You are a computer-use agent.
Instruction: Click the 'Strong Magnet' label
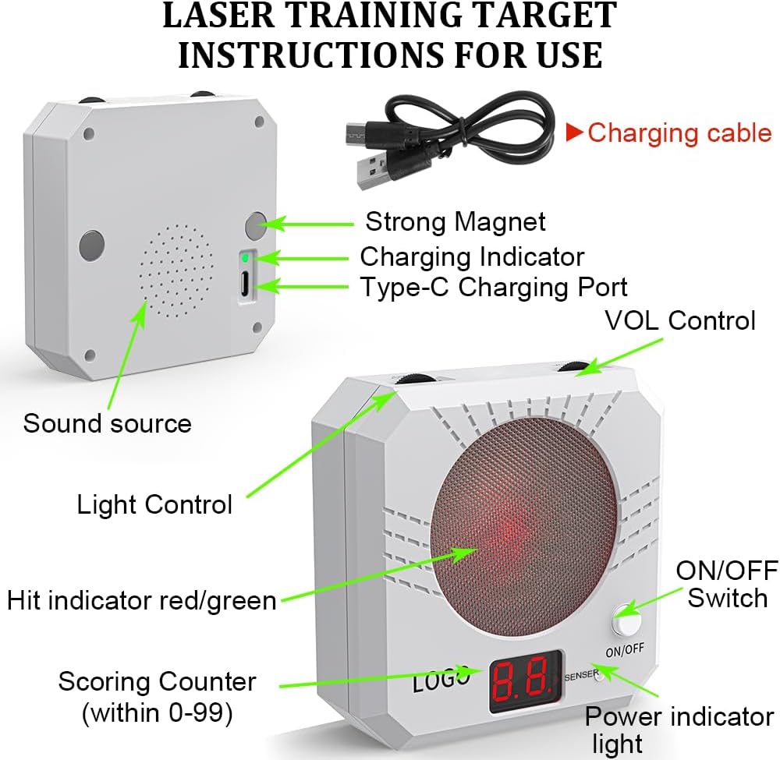(456, 221)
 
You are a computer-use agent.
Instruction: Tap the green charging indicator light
(245, 258)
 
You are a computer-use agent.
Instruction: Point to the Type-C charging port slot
(245, 283)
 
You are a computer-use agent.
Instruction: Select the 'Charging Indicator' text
(472, 257)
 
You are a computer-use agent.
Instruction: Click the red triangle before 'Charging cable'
(575, 132)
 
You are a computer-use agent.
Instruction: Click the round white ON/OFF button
(626, 620)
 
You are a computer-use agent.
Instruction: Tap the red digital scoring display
(525, 681)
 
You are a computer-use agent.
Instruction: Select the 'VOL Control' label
(680, 320)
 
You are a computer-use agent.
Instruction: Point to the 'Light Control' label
(154, 504)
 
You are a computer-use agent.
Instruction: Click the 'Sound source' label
(108, 423)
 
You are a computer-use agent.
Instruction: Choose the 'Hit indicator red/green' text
(142, 600)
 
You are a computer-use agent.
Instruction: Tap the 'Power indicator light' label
(679, 730)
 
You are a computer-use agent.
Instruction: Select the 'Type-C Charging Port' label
(494, 288)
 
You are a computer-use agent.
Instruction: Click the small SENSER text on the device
(582, 675)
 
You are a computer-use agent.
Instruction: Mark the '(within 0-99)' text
(158, 713)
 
